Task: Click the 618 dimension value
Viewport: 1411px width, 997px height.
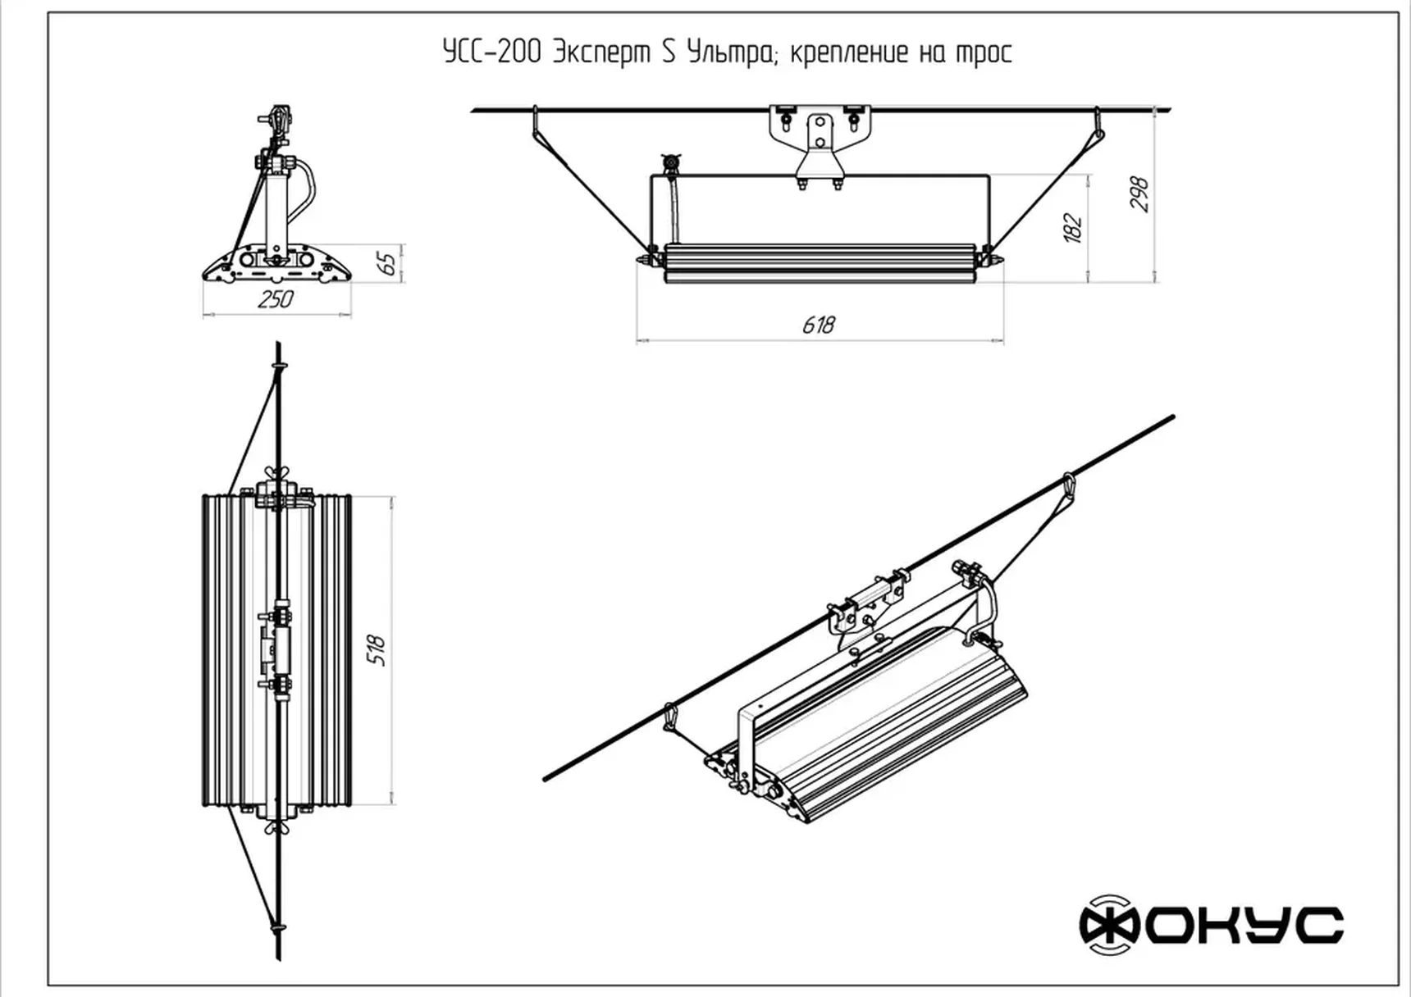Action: [x=818, y=326]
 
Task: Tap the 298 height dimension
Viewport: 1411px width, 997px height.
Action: [x=1139, y=194]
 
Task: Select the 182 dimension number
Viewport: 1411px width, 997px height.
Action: [x=1073, y=228]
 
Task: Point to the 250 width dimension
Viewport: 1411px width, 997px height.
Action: [x=275, y=300]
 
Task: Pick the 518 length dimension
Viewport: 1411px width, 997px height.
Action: [x=377, y=650]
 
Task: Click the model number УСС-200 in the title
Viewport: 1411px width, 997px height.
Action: [x=492, y=52]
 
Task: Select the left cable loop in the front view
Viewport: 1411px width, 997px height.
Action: [x=535, y=123]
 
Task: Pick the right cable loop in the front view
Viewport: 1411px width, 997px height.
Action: [x=1098, y=125]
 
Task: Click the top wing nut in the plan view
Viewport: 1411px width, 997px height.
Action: [x=277, y=474]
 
